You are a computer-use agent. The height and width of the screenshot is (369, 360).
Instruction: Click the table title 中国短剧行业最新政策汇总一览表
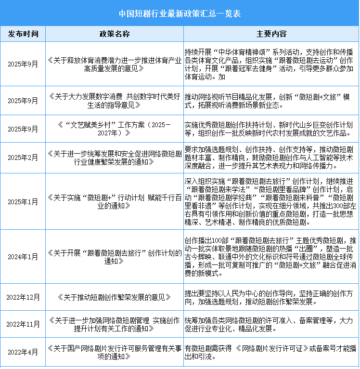(x=180, y=13)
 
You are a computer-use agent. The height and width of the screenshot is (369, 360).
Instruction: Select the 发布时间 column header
(x=23, y=34)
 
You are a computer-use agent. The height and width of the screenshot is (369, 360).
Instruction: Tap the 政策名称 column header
(x=115, y=34)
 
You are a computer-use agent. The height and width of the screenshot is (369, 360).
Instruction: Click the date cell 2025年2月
(x=23, y=158)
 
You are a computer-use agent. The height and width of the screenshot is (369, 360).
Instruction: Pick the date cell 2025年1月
(x=23, y=201)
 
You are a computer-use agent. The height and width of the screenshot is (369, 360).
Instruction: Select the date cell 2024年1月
(x=23, y=257)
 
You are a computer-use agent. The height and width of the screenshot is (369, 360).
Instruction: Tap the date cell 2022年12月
(x=23, y=297)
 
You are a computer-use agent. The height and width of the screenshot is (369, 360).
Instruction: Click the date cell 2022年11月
(x=23, y=324)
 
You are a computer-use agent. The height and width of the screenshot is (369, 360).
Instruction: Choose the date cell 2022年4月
(x=23, y=352)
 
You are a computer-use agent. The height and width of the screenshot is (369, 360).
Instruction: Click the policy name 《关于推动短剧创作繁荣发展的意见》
(x=115, y=297)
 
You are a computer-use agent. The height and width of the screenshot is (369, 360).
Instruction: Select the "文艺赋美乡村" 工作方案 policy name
(x=115, y=129)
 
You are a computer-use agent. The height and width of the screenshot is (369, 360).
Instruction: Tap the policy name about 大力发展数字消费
(x=115, y=101)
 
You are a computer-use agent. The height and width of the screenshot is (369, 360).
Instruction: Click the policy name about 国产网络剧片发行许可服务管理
(x=115, y=352)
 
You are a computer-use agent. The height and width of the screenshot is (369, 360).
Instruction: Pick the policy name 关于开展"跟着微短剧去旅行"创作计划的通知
(x=115, y=257)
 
